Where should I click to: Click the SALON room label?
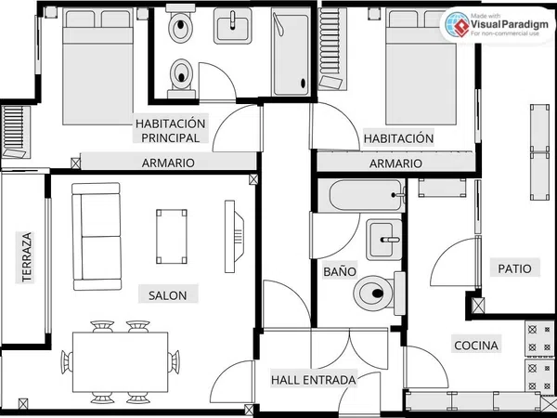(168, 295)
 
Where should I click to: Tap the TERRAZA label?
(27, 257)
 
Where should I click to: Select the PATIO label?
(514, 268)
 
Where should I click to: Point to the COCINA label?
(476, 346)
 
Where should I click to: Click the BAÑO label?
(340, 271)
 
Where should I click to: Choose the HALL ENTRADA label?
(314, 380)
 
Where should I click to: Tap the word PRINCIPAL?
(171, 137)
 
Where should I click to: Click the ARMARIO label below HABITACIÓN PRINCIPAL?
(168, 163)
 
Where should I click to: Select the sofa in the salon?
(97, 236)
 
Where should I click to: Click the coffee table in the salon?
(172, 236)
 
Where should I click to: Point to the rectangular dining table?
(120, 362)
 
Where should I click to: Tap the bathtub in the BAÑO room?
(367, 195)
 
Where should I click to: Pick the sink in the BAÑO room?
(384, 240)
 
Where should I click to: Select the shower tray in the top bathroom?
(291, 52)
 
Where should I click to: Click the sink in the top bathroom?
(233, 26)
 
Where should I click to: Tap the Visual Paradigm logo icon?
(457, 24)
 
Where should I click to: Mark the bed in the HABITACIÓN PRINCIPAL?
(98, 67)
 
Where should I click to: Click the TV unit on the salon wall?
(234, 236)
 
